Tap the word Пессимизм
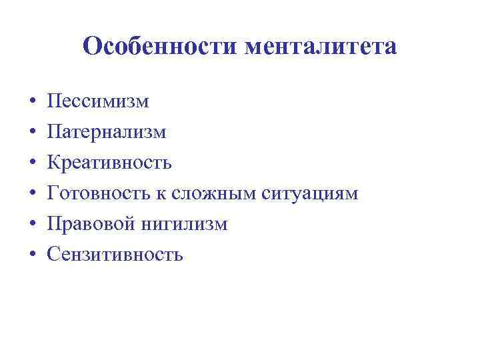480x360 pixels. pos(98,102)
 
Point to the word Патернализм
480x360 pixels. pos(107,133)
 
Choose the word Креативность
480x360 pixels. pos(110,163)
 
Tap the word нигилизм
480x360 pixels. pos(184,224)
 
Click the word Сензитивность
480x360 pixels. pos(115,255)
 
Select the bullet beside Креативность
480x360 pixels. pos(32,163)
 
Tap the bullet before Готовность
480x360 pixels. pos(32,194)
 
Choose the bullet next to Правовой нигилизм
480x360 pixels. pos(32,225)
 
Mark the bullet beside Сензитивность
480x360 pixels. pos(32,255)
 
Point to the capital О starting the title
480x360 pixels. pos(92,47)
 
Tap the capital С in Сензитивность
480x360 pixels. pos(53,255)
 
